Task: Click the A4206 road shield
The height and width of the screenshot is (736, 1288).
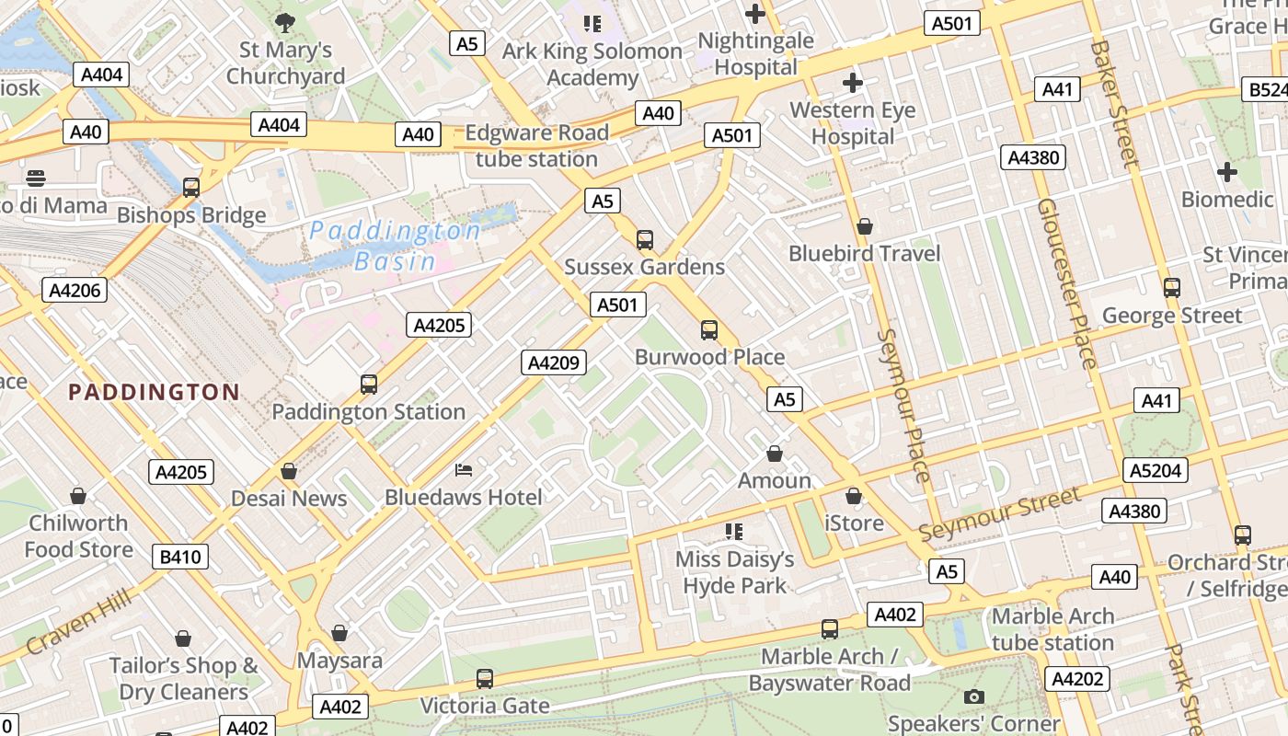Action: coord(75,291)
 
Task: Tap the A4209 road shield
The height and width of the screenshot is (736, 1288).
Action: coord(554,362)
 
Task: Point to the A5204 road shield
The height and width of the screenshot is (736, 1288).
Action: coord(1156,471)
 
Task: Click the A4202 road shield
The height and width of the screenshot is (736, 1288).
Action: coord(1076,679)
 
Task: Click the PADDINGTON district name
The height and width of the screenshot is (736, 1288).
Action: coord(155,393)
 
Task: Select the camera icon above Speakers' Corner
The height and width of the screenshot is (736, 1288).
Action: coord(973,696)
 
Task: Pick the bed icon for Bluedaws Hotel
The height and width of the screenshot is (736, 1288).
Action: coord(464,470)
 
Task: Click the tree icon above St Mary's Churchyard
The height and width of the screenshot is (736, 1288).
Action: coord(285,22)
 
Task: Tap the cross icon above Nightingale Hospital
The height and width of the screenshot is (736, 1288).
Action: coord(755,14)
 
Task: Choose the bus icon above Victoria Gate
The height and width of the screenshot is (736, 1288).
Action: coord(485,679)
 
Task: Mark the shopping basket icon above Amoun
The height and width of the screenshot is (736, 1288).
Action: coord(775,454)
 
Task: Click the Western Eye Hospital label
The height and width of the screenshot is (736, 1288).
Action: coord(853,123)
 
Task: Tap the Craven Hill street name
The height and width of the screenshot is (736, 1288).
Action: coord(78,623)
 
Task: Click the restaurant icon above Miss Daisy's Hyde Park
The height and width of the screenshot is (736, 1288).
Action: coord(733,531)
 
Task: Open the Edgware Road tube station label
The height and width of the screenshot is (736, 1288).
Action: coord(536,145)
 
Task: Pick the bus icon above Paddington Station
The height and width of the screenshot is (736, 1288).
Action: coord(369,385)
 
